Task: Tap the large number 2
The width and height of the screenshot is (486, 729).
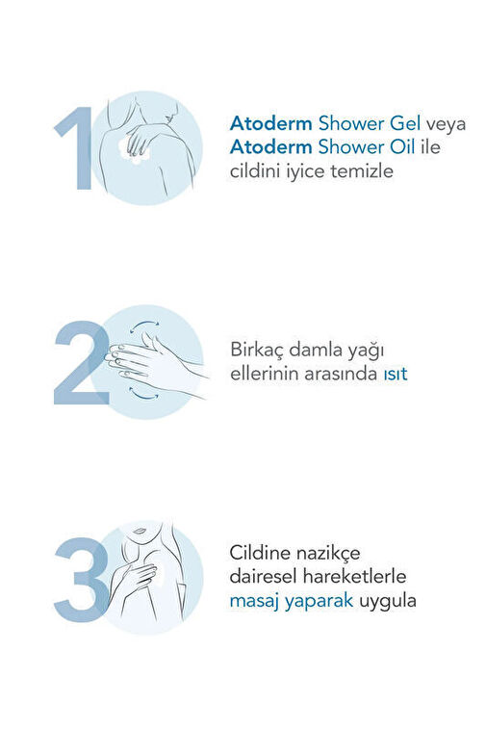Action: [82, 363]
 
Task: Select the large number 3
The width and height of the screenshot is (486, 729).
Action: [82, 580]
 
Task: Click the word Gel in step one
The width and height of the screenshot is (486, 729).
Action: [405, 123]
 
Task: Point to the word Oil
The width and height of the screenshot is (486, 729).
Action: [401, 147]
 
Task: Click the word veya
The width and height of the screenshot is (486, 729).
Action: [446, 125]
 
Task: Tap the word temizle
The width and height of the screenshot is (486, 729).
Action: [362, 171]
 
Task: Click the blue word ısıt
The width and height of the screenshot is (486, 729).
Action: [395, 374]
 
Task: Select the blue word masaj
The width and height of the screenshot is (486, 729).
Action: [254, 602]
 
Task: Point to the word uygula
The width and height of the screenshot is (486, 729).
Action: [388, 602]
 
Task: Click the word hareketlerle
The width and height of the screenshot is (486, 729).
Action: [354, 577]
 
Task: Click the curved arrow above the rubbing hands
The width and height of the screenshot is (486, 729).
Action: [143, 324]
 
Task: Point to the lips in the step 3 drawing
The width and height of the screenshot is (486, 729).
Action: [139, 531]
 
